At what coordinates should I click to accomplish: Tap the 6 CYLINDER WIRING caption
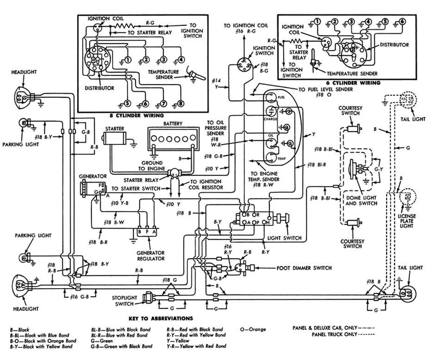point(351,83)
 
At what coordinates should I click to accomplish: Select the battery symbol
point(173,139)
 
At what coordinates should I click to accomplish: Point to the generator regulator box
point(147,231)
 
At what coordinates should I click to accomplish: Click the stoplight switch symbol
point(150,297)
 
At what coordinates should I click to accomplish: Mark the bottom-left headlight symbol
point(22,286)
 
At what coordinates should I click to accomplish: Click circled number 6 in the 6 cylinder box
point(401,22)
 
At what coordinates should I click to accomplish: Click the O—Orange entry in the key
point(253,329)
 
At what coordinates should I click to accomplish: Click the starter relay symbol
point(174,173)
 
